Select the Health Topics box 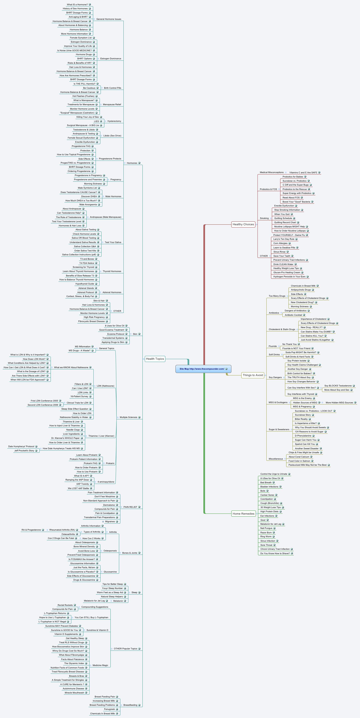155,359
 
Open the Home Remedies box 243,514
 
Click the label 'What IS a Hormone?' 77,5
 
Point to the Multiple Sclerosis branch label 128,417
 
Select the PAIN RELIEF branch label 130,507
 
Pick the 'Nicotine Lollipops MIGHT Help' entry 289,227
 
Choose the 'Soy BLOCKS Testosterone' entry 338,386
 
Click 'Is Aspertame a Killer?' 306,423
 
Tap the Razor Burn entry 266,532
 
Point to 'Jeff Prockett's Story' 24,451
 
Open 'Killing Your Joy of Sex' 88,117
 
